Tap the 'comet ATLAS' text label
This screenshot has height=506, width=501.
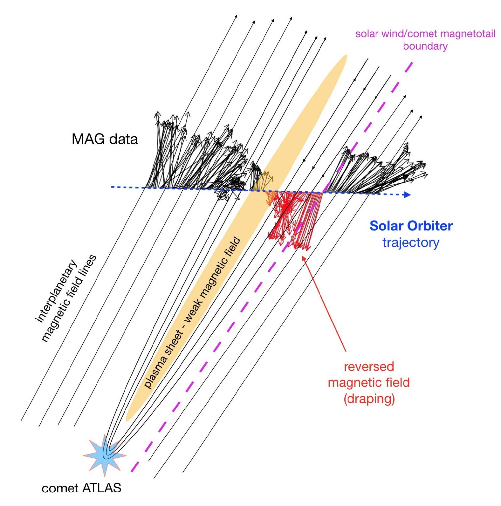coord(81,488)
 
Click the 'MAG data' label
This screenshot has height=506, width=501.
coord(105,139)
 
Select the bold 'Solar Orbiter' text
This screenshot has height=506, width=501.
coord(411,226)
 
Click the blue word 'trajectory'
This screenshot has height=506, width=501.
coord(411,243)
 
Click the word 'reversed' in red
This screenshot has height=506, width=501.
coord(369,366)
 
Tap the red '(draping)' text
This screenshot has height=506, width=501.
coord(369,399)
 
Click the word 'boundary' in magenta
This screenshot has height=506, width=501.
coord(425,46)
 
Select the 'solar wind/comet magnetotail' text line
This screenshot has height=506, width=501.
coord(425,34)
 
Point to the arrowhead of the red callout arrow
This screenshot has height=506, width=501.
coord(303,258)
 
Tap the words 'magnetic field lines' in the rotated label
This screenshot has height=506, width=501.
coord(69,298)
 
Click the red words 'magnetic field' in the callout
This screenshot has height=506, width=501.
coord(369,382)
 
